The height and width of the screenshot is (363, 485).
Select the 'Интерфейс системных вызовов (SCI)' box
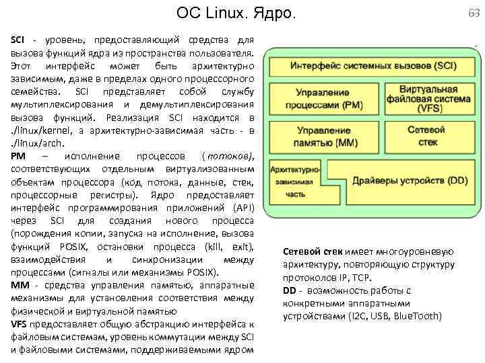[x=372, y=66]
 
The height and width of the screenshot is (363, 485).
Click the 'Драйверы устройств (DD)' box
[x=410, y=180]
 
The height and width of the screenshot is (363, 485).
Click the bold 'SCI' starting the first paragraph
[x=18, y=40]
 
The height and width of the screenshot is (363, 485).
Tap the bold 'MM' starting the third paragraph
[x=20, y=284]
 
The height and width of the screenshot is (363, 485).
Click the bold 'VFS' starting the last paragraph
[x=20, y=323]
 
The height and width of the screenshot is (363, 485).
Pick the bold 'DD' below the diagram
[x=290, y=290]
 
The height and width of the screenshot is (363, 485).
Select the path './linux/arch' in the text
[x=33, y=143]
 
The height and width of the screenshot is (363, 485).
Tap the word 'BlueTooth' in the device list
[x=420, y=316]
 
